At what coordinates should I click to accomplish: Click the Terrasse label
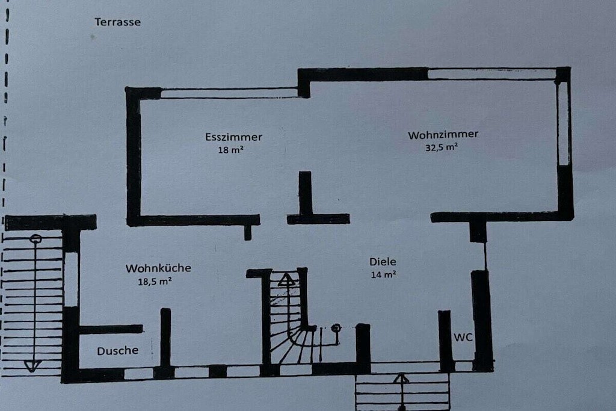click(117, 22)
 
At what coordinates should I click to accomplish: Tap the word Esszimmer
click(233, 137)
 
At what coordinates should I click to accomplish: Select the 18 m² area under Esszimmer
click(230, 150)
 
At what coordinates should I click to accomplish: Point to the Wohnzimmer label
click(443, 135)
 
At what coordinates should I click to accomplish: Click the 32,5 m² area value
click(441, 147)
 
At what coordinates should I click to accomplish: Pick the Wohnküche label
click(158, 268)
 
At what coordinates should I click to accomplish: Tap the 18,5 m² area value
click(155, 282)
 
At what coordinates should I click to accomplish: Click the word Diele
click(383, 262)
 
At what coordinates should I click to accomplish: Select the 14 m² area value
click(383, 274)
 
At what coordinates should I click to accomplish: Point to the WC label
click(463, 337)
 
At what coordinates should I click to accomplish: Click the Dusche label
click(117, 350)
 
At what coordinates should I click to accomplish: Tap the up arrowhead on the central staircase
click(287, 280)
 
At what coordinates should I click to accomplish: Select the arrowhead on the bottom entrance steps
click(401, 379)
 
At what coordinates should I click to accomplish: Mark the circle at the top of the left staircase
click(35, 238)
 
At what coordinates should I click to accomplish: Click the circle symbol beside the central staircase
click(336, 328)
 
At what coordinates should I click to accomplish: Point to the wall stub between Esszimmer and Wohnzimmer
click(305, 193)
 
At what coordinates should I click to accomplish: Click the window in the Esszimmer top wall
click(229, 93)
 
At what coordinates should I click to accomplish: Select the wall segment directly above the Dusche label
click(111, 329)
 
